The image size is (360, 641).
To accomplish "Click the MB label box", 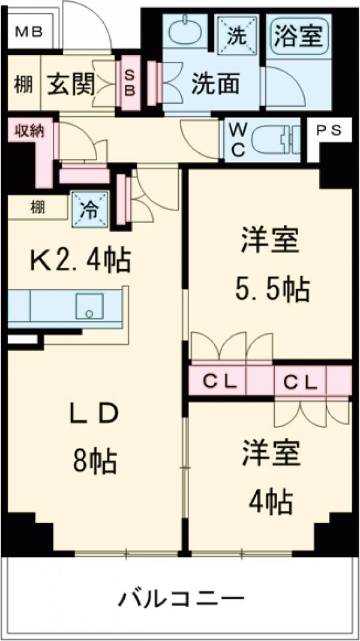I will [28, 31].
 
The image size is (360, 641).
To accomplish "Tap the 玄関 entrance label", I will [71, 85].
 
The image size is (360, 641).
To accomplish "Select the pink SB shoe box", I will [130, 83].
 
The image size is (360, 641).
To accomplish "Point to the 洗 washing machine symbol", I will [236, 35].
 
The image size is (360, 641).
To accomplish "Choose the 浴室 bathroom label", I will [298, 36].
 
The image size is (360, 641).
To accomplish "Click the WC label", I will [237, 140].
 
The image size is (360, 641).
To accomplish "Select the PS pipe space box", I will [329, 131].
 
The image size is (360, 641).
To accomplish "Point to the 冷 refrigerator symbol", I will [89, 209].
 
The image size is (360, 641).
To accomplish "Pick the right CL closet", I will [300, 381].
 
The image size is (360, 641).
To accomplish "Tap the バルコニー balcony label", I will [181, 598].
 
